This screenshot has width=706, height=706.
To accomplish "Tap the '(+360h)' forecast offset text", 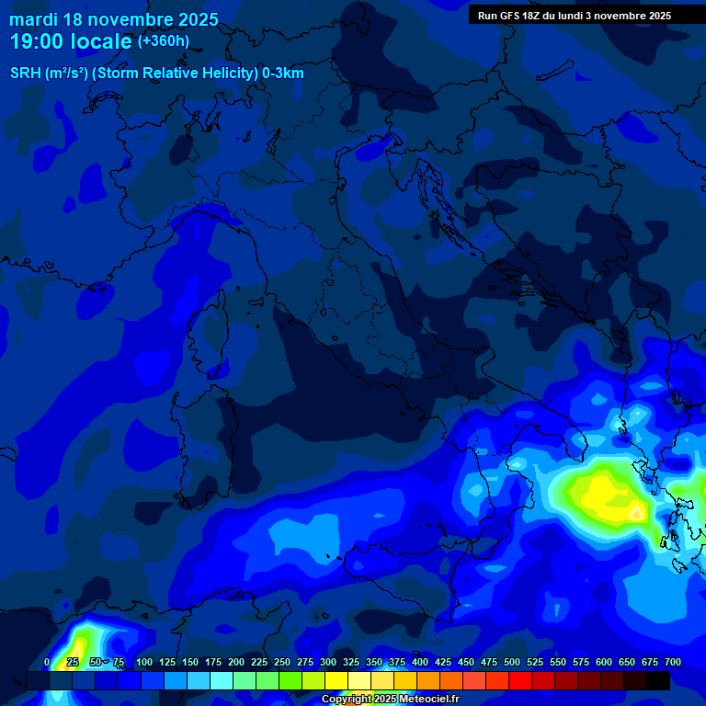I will (164, 41).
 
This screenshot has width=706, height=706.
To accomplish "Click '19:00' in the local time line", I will (40, 42).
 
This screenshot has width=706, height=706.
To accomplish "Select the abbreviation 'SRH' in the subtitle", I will (26, 74).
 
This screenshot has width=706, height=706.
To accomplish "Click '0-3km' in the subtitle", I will (282, 74).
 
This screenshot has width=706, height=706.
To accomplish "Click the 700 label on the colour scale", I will (672, 662).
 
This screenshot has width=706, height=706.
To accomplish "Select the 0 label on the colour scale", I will (47, 662).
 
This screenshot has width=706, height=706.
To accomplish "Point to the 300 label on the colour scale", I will (327, 662).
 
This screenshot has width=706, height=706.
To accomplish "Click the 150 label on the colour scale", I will (189, 662).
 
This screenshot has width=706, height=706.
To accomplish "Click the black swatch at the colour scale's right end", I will (658, 680).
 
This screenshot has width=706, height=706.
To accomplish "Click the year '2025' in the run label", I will (657, 16).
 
